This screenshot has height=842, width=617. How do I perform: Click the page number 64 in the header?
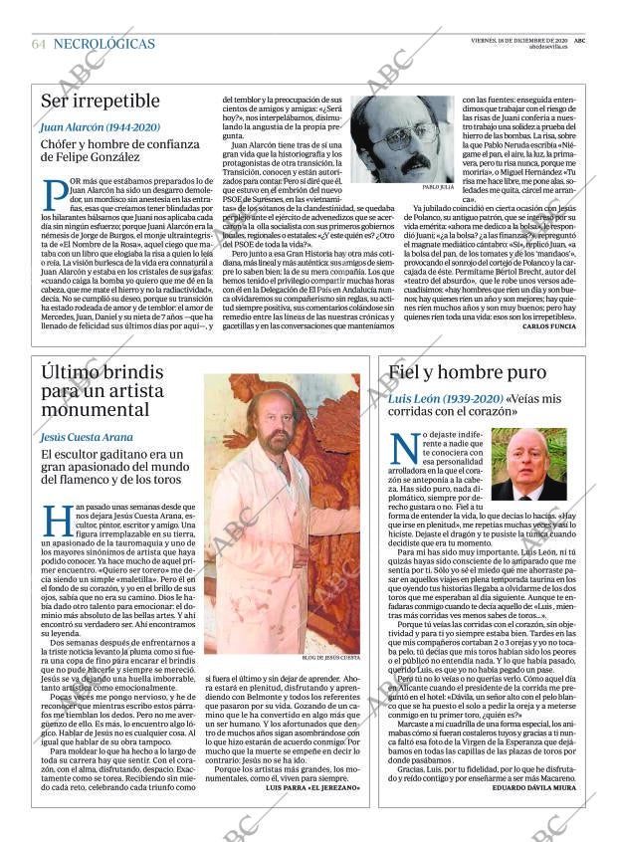click(39, 45)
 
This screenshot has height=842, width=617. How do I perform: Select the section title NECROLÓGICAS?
click(103, 45)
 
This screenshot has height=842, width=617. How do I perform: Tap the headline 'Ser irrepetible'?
click(100, 101)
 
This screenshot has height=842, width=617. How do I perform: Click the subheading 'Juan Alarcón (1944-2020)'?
click(100, 127)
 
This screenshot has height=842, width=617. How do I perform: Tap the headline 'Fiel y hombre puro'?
click(468, 373)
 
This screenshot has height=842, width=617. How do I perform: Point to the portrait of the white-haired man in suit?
click(528, 464)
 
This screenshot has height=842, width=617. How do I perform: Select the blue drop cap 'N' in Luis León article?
click(402, 447)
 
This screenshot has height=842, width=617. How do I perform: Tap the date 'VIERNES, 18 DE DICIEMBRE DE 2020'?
click(518, 40)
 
